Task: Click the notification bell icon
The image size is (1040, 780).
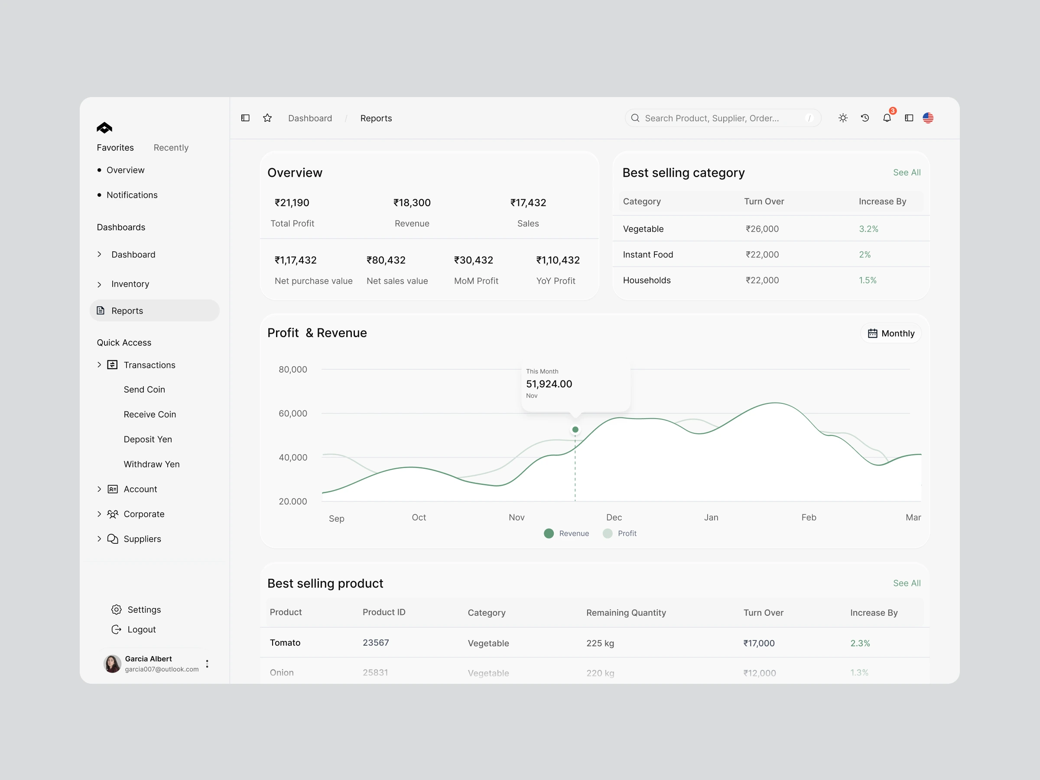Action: pyautogui.click(x=887, y=118)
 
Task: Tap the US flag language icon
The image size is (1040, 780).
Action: pyautogui.click(x=928, y=118)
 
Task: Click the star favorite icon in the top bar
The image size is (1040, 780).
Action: pyautogui.click(x=267, y=118)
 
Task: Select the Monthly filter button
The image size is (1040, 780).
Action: pyautogui.click(x=891, y=333)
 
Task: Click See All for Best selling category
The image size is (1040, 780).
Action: pyautogui.click(x=907, y=172)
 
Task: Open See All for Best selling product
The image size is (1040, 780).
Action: pyautogui.click(x=907, y=583)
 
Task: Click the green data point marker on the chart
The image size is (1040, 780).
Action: pyautogui.click(x=575, y=430)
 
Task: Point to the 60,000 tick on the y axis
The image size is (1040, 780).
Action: pyautogui.click(x=293, y=413)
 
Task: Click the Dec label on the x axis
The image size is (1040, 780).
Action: pyautogui.click(x=614, y=517)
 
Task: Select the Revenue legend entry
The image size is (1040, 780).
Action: pyautogui.click(x=566, y=533)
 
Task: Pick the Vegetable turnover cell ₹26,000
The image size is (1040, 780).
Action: pyautogui.click(x=762, y=229)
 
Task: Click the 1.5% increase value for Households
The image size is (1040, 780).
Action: pyautogui.click(x=868, y=280)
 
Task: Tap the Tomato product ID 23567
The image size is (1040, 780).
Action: pyautogui.click(x=376, y=643)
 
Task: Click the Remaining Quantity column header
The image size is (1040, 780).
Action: pyautogui.click(x=626, y=613)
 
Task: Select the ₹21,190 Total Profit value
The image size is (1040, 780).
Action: pyautogui.click(x=292, y=203)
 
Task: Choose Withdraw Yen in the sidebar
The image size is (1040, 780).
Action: pyautogui.click(x=151, y=464)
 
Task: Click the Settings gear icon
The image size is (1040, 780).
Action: pyautogui.click(x=117, y=610)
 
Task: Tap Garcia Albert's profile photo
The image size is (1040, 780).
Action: pyautogui.click(x=112, y=664)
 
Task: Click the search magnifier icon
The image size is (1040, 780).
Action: pyautogui.click(x=635, y=118)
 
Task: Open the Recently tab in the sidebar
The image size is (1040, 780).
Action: pyautogui.click(x=171, y=148)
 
